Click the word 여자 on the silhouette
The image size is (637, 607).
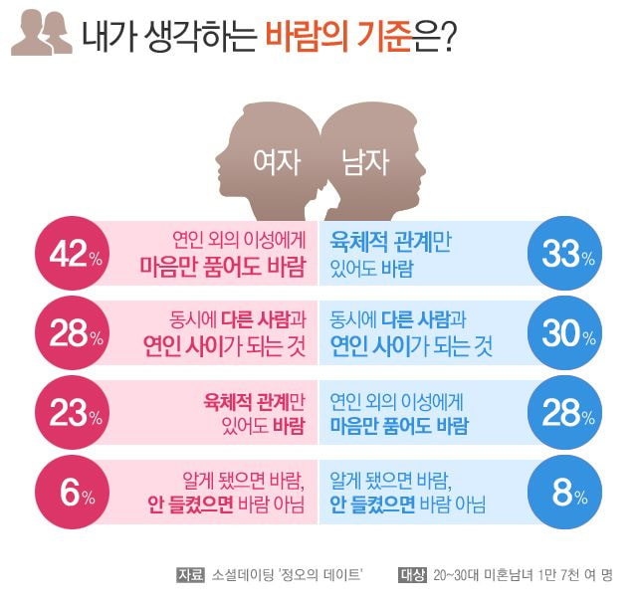(x=277, y=162)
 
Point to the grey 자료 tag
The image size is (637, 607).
(x=189, y=574)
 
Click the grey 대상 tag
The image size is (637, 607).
(x=412, y=574)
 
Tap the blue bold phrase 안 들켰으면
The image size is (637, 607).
(x=372, y=505)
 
